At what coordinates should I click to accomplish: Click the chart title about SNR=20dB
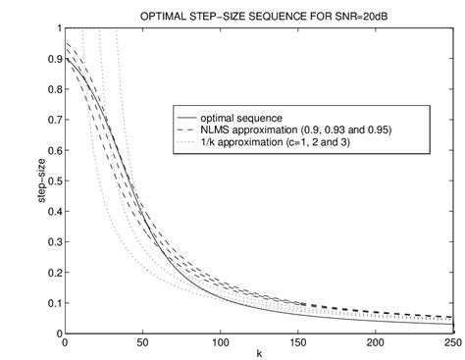pos(260,14)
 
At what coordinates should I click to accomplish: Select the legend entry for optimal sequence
pos(236,115)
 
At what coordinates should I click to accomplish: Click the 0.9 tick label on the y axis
pos(54,60)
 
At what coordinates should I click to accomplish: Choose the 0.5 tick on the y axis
pos(54,181)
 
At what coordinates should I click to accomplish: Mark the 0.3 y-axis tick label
pos(54,242)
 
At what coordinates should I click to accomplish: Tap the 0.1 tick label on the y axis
pos(54,303)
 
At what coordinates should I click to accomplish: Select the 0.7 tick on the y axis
pos(54,121)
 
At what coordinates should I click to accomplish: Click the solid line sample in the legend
pos(182,115)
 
